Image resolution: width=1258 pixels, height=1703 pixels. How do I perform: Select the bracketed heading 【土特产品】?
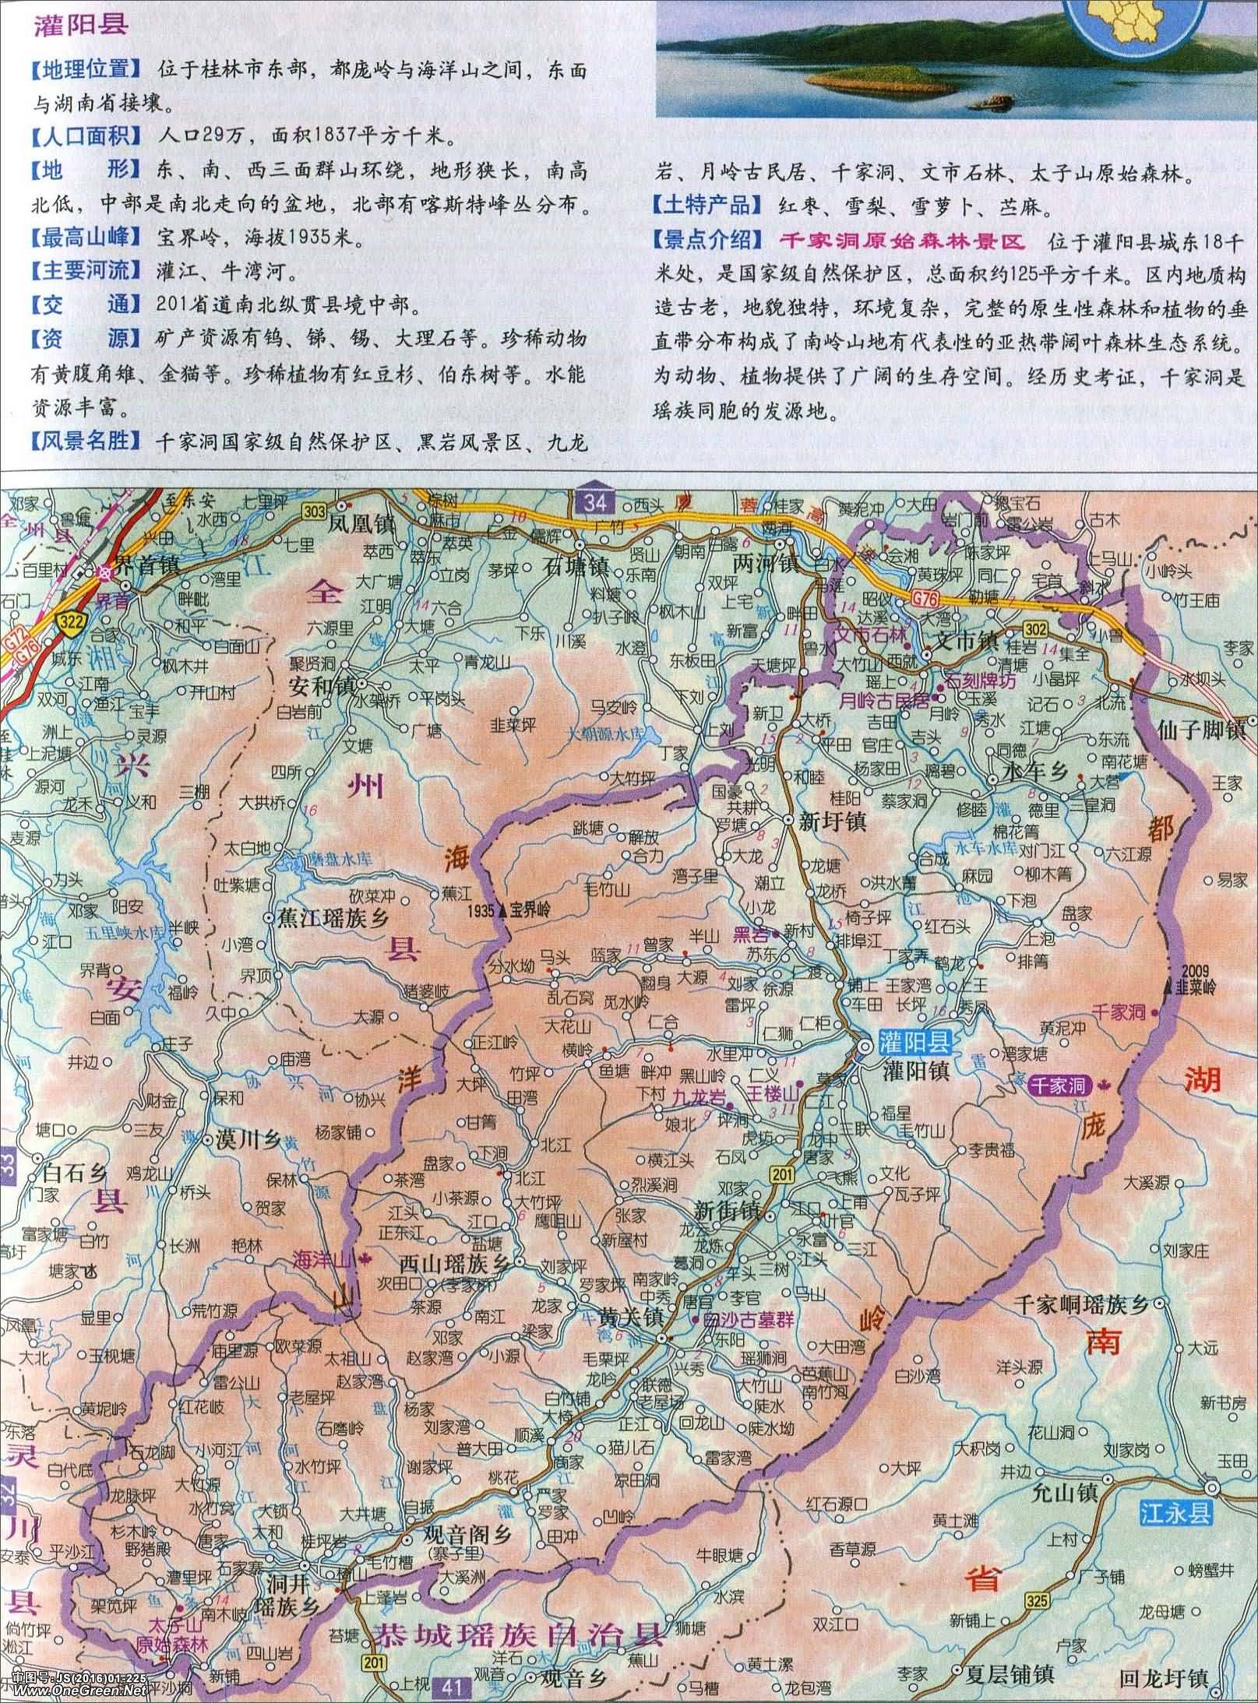pyautogui.click(x=707, y=206)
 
